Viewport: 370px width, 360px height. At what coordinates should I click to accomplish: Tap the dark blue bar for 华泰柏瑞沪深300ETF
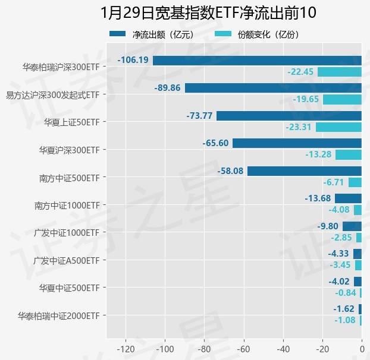(257, 61)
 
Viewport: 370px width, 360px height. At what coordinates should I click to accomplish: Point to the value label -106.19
(133, 61)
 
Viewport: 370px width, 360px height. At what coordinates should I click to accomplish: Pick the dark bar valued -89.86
(273, 88)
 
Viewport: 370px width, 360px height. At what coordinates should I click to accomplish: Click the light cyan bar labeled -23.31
(338, 127)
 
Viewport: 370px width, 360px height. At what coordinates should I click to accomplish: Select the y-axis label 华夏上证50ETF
(71, 122)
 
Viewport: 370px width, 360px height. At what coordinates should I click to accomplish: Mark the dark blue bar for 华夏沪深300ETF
(297, 143)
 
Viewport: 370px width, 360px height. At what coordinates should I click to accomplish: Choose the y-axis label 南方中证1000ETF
(67, 206)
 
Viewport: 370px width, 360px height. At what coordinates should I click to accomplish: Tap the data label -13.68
(318, 198)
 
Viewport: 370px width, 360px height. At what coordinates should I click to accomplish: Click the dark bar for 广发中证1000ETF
(352, 226)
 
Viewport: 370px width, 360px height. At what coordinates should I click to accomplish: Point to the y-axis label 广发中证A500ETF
(67, 260)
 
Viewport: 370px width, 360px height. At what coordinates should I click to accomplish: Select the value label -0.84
(346, 293)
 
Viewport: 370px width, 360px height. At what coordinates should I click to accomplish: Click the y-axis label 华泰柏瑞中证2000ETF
(59, 315)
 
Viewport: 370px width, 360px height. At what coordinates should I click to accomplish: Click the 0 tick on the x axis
(362, 348)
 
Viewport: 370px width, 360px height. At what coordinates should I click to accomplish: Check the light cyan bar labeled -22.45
(340, 72)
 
